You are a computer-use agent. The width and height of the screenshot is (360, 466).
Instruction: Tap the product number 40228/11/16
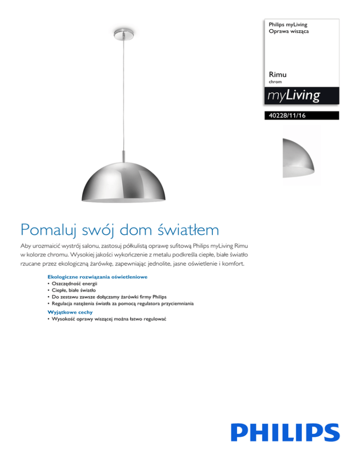(285, 115)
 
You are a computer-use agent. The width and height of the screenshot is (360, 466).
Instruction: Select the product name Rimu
(278, 75)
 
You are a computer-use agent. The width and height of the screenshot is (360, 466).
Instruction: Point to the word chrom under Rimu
(276, 82)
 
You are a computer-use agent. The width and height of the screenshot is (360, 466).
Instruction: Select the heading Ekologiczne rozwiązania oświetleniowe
(97, 277)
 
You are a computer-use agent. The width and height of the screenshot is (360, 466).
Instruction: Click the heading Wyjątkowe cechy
(70, 312)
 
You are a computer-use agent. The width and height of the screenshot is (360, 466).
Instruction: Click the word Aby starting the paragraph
(26, 247)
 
